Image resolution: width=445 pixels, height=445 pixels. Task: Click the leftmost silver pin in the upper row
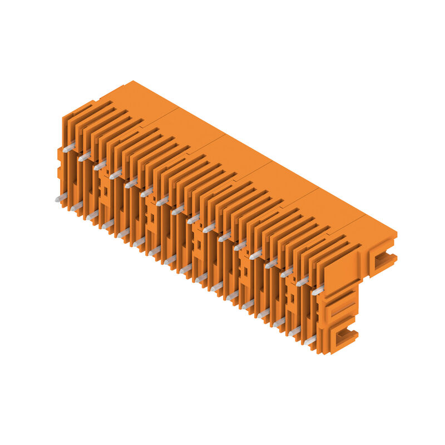pos(68,148)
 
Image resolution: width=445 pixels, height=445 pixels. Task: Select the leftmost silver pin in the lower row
pos(61,197)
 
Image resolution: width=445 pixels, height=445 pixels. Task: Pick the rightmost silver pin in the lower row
pos(310,340)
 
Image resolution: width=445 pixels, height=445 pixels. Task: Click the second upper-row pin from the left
pos(84,157)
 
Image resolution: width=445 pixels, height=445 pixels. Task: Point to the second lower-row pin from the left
pos(76,206)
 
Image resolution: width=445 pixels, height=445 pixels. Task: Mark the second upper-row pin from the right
pos(302,281)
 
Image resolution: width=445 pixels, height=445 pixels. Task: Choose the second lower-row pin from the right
pos(294,331)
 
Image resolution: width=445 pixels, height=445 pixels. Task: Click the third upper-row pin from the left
pos(100,166)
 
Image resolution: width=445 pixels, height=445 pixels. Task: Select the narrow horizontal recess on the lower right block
pos(340,309)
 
